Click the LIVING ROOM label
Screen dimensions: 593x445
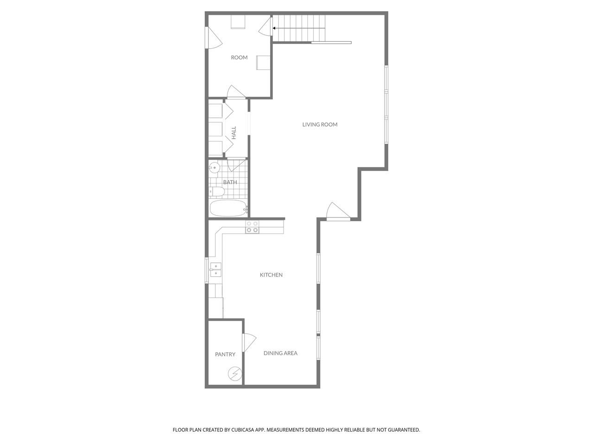320,125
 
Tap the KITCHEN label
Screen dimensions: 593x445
271,275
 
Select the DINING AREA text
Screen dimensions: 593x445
280,353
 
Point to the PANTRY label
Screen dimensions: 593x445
225,354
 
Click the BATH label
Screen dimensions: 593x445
230,182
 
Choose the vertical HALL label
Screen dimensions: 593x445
234,133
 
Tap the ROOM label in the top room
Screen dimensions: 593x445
239,57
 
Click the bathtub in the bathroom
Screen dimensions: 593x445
228,208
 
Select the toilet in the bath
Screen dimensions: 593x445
217,192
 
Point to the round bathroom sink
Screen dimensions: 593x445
214,168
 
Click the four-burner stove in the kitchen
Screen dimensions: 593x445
252,227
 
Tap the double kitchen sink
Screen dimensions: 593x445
215,270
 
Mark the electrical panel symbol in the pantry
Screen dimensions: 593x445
235,374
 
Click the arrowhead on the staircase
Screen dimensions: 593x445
274,28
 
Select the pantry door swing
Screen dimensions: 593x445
249,343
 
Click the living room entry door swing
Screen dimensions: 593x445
338,211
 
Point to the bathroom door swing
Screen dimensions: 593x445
237,165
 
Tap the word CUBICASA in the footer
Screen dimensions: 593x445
243,430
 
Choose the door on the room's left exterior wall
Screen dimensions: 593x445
214,38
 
